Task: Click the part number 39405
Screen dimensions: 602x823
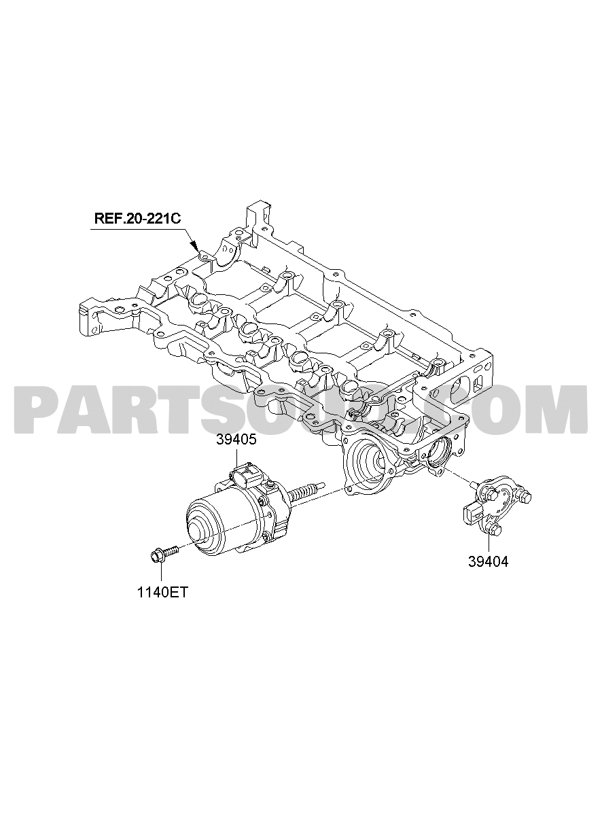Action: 236,440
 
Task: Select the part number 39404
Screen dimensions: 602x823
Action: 488,572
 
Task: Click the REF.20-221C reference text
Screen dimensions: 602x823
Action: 138,218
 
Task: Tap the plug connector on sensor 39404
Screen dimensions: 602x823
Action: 470,512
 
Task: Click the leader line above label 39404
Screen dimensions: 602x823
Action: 489,550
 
